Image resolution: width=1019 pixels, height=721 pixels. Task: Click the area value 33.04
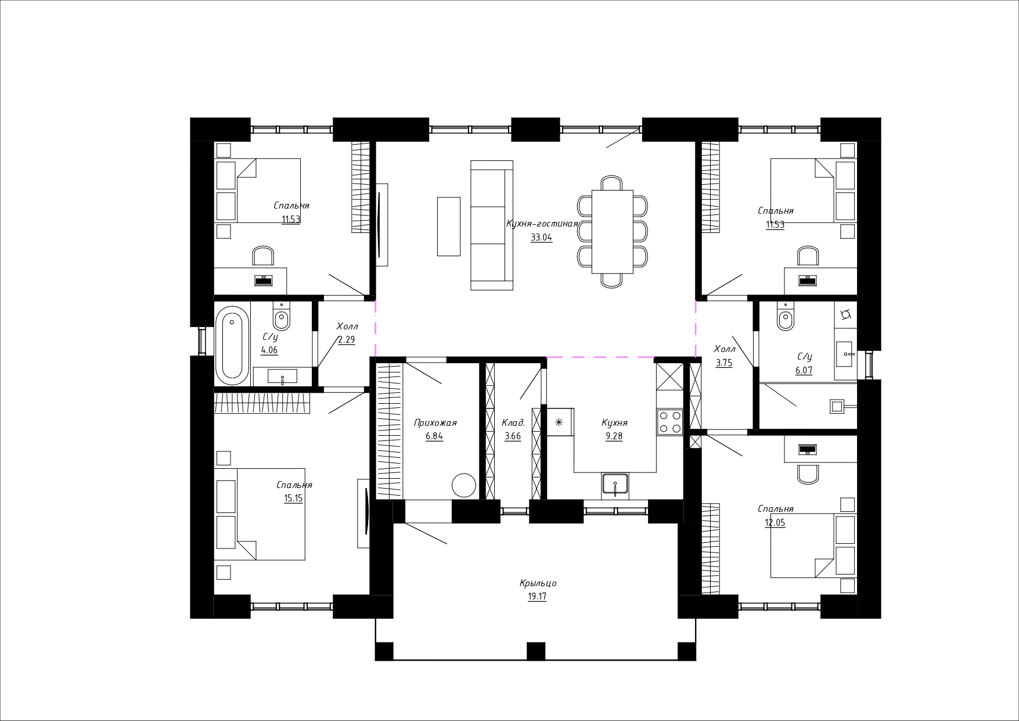click(x=541, y=237)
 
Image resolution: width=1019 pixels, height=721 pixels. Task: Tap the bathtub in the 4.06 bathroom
click(x=232, y=345)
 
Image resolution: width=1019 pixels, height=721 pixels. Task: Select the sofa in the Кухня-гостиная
click(x=492, y=225)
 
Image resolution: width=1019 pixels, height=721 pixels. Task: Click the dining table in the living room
click(x=612, y=231)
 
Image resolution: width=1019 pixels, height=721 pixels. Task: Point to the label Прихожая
click(x=435, y=423)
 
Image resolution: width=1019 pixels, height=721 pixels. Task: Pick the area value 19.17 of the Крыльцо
click(x=537, y=597)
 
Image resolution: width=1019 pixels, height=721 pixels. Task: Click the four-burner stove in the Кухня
click(x=669, y=422)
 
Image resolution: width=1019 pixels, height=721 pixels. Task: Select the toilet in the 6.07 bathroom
click(x=786, y=317)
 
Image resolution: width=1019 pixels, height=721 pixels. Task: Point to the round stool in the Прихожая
click(x=464, y=485)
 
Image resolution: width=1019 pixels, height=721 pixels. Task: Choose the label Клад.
click(x=513, y=423)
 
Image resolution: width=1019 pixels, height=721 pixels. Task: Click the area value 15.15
click(x=293, y=498)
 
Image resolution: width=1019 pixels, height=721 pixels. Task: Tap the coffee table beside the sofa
click(x=448, y=226)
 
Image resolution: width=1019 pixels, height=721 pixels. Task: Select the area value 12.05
click(x=775, y=522)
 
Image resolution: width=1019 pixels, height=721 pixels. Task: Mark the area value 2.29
click(x=347, y=340)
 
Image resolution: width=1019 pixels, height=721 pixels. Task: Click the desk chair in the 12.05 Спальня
click(x=808, y=474)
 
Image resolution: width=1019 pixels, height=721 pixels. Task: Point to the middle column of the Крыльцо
click(x=535, y=651)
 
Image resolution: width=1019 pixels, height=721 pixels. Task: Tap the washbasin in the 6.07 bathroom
click(x=845, y=353)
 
